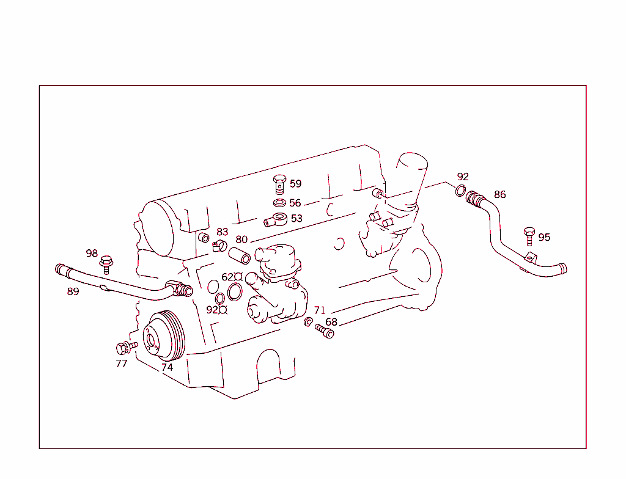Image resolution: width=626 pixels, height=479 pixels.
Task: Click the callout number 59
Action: [295, 184]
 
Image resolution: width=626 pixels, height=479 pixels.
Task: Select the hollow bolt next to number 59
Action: [279, 183]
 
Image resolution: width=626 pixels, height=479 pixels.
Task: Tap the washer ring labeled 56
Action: [279, 203]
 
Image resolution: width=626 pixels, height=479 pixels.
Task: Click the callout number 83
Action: [222, 232]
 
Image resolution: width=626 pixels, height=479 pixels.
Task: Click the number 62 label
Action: [227, 277]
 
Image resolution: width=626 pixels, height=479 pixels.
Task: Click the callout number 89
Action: [73, 292]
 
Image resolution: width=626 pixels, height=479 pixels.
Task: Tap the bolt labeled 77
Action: [124, 348]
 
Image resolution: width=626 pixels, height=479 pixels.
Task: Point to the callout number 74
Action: [167, 368]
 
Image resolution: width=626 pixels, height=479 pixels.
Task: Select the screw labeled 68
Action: [324, 332]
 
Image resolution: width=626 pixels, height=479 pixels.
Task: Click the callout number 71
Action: [320, 310]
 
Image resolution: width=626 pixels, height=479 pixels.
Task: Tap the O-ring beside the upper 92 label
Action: [461, 191]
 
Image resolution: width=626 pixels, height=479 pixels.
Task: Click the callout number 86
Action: [500, 195]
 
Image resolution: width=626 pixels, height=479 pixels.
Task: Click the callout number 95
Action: [544, 238]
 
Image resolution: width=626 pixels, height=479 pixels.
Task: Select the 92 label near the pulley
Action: [212, 310]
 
